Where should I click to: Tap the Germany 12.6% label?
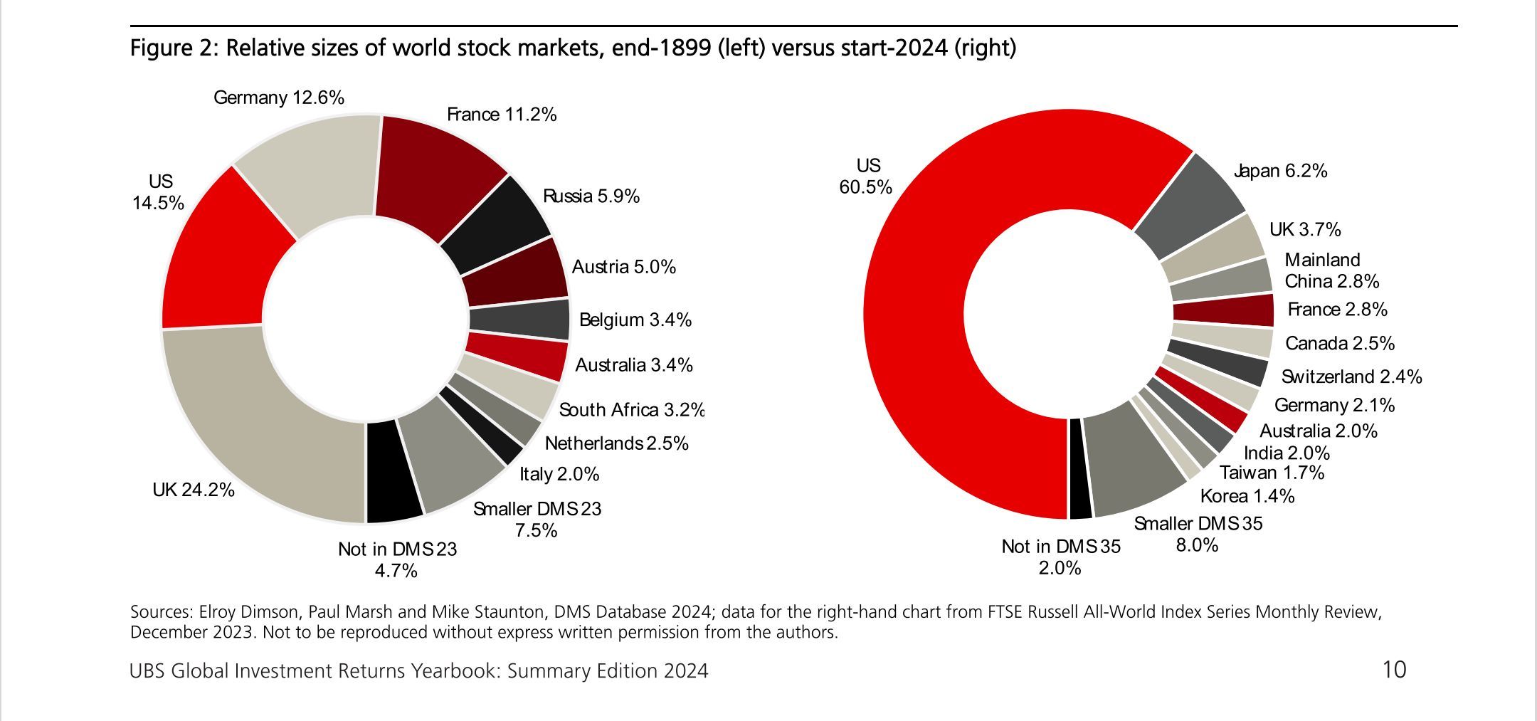[x=278, y=98]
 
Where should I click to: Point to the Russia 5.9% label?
[x=591, y=196]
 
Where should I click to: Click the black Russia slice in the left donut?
[x=498, y=221]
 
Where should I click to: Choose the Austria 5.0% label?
[x=623, y=267]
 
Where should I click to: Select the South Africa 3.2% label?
[x=631, y=410]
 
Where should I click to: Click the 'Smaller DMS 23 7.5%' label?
[x=537, y=520]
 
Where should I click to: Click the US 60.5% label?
[x=866, y=177]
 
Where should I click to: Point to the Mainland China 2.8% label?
[x=1331, y=270]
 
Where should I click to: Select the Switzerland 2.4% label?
[x=1351, y=377]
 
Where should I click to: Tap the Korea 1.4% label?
[x=1247, y=496]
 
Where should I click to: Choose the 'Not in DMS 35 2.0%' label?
[x=1060, y=557]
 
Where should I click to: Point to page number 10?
[x=1393, y=670]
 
